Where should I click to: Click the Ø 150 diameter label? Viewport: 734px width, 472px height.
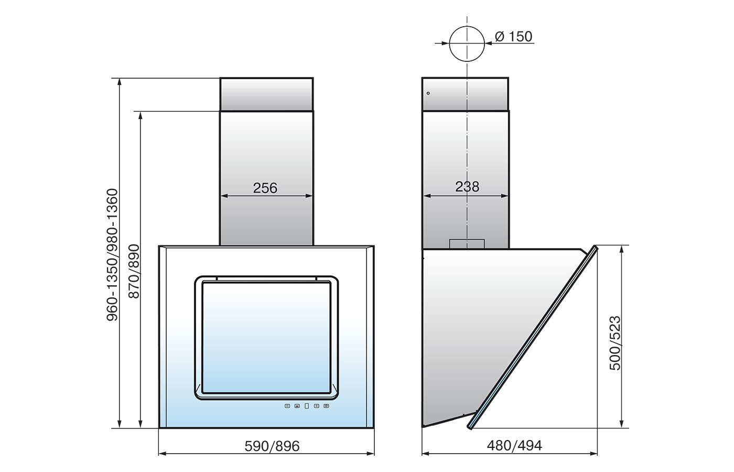(x=513, y=36)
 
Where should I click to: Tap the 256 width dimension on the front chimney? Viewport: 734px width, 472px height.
(x=265, y=188)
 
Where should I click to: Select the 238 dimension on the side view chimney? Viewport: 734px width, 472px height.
(x=467, y=187)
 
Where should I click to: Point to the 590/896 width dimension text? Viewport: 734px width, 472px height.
(x=272, y=446)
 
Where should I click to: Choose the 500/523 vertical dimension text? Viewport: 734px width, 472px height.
(x=615, y=343)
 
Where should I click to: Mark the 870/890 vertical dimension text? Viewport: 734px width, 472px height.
(x=134, y=271)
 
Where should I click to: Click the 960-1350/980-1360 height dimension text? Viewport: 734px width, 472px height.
(x=112, y=255)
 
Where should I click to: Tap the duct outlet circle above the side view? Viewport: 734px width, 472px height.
(x=467, y=44)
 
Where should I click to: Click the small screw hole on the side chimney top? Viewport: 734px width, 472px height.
(x=428, y=93)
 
